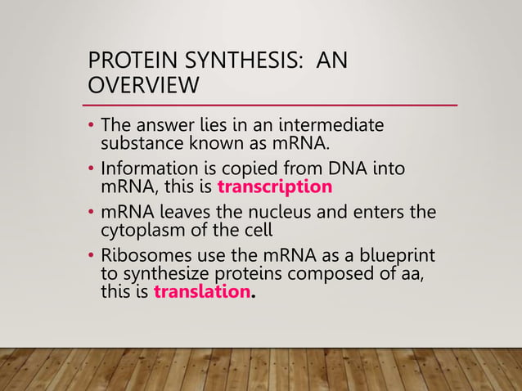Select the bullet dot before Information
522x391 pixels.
[92, 169]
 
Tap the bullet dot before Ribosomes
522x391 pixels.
[92, 257]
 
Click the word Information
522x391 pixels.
[142, 169]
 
